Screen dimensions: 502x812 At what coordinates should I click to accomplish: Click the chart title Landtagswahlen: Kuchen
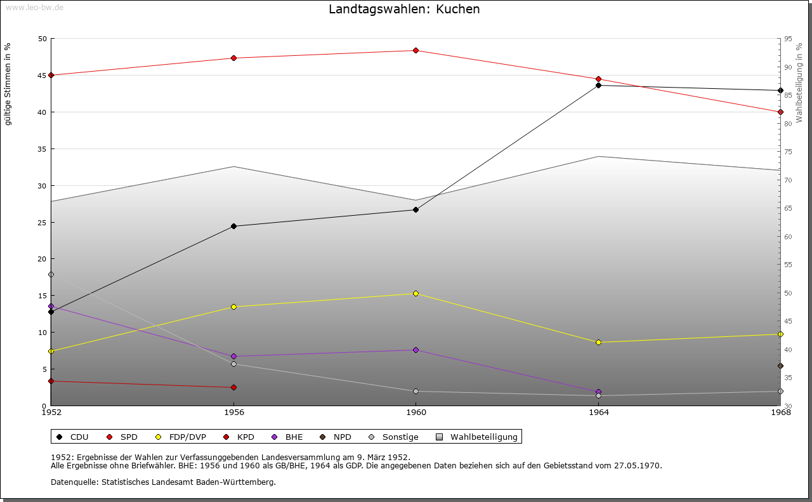pos(404,10)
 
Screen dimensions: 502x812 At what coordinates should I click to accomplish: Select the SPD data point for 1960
pos(416,51)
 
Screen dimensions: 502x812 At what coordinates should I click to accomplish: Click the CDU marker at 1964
pos(599,85)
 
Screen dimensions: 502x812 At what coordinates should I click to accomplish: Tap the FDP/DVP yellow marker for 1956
pos(234,307)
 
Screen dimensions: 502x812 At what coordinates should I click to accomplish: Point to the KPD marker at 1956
pos(234,388)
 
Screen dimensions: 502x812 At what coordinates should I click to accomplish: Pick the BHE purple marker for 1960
pos(416,350)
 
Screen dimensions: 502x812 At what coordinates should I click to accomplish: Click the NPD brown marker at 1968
pos(781,366)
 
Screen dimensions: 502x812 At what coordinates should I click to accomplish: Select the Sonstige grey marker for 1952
pos(51,275)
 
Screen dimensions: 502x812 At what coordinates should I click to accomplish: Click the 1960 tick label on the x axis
pos(416,413)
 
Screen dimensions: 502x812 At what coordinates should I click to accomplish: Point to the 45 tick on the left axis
pos(42,76)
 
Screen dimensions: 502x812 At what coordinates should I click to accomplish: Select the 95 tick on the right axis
pos(788,39)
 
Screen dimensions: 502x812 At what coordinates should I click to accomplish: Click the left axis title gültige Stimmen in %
pos(8,84)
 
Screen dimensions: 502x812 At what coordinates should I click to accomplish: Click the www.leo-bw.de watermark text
pos(32,7)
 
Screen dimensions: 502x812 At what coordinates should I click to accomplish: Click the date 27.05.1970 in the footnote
pos(637,466)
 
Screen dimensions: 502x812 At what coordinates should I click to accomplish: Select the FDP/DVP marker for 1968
pos(781,334)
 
